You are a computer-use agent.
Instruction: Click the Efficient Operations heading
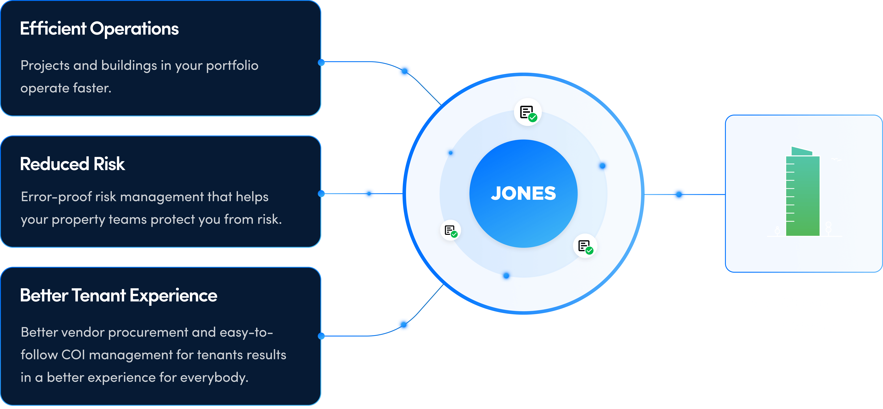(x=99, y=28)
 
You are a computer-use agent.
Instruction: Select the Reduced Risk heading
(x=72, y=164)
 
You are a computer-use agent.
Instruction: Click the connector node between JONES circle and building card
(x=679, y=194)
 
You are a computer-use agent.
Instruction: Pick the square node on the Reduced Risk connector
(x=369, y=194)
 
